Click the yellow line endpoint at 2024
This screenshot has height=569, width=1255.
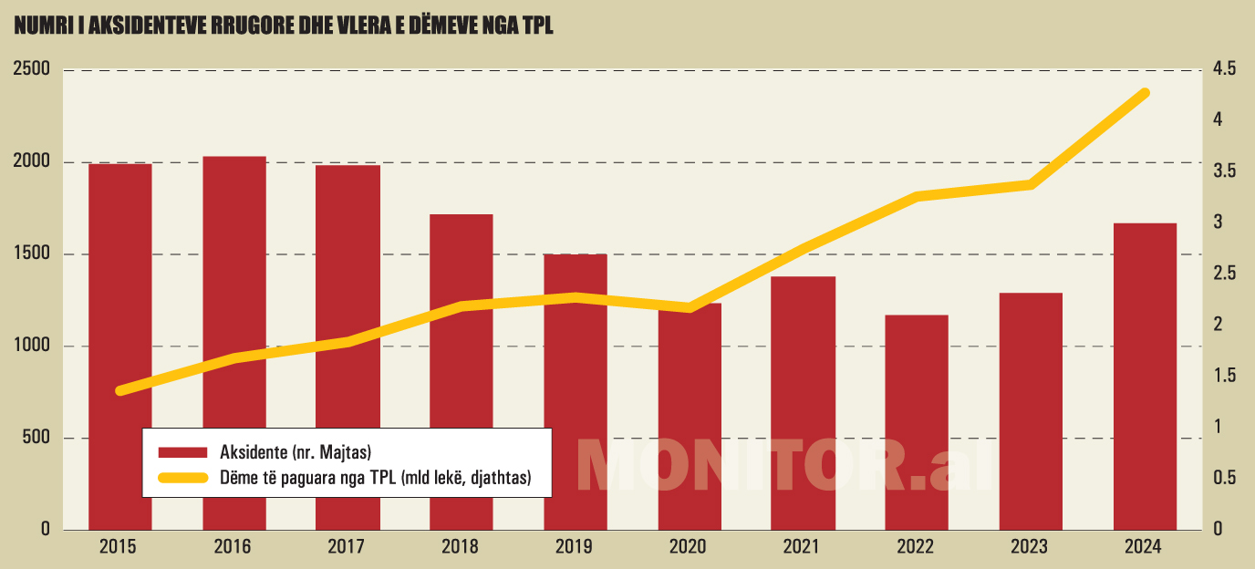point(1145,93)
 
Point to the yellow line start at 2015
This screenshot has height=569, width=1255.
point(120,390)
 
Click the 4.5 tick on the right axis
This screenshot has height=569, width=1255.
point(1224,69)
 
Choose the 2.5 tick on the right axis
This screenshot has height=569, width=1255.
point(1224,274)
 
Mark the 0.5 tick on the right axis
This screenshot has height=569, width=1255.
point(1224,478)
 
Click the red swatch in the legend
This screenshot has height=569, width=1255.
point(184,452)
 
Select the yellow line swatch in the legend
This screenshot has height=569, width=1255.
point(184,477)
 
